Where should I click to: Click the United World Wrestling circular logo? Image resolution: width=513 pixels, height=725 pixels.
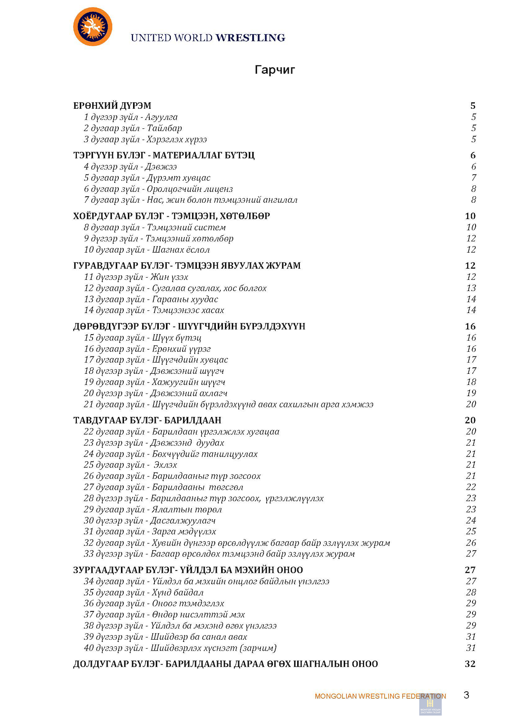click(x=93, y=27)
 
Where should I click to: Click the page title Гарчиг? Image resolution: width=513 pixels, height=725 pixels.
click(x=274, y=70)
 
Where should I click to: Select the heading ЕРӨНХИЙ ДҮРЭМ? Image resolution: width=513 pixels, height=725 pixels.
click(x=112, y=106)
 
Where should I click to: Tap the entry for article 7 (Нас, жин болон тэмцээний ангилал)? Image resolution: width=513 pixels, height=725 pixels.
click(x=191, y=200)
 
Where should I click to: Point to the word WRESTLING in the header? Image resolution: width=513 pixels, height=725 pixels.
click(x=250, y=38)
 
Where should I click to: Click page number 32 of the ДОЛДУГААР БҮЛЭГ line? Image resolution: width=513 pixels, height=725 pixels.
click(x=470, y=664)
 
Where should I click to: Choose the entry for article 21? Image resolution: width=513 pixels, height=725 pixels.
click(x=228, y=404)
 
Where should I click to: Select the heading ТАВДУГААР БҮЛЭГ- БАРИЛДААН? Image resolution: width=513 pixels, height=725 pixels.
click(x=147, y=420)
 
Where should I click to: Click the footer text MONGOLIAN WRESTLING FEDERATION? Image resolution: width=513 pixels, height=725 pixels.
click(x=380, y=696)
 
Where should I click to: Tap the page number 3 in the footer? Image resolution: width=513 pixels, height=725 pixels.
click(x=467, y=695)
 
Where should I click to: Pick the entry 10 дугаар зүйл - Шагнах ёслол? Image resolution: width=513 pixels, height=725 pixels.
click(x=147, y=250)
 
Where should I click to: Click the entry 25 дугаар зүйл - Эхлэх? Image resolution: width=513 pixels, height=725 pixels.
click(x=130, y=465)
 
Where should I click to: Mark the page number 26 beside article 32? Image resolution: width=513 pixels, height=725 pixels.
click(x=471, y=543)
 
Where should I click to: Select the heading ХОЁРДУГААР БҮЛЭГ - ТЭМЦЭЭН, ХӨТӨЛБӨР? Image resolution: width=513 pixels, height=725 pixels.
click(x=172, y=216)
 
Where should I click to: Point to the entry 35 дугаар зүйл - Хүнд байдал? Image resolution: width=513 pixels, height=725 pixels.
click(x=144, y=592)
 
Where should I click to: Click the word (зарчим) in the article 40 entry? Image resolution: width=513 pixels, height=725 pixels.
click(x=259, y=648)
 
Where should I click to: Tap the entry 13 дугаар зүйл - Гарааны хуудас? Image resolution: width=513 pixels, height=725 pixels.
click(x=151, y=299)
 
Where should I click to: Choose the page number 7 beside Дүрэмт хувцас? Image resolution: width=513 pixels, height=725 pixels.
click(x=474, y=178)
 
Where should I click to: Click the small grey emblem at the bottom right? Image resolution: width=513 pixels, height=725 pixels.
click(x=430, y=705)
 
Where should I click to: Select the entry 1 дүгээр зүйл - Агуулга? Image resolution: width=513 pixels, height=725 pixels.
click(x=130, y=117)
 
